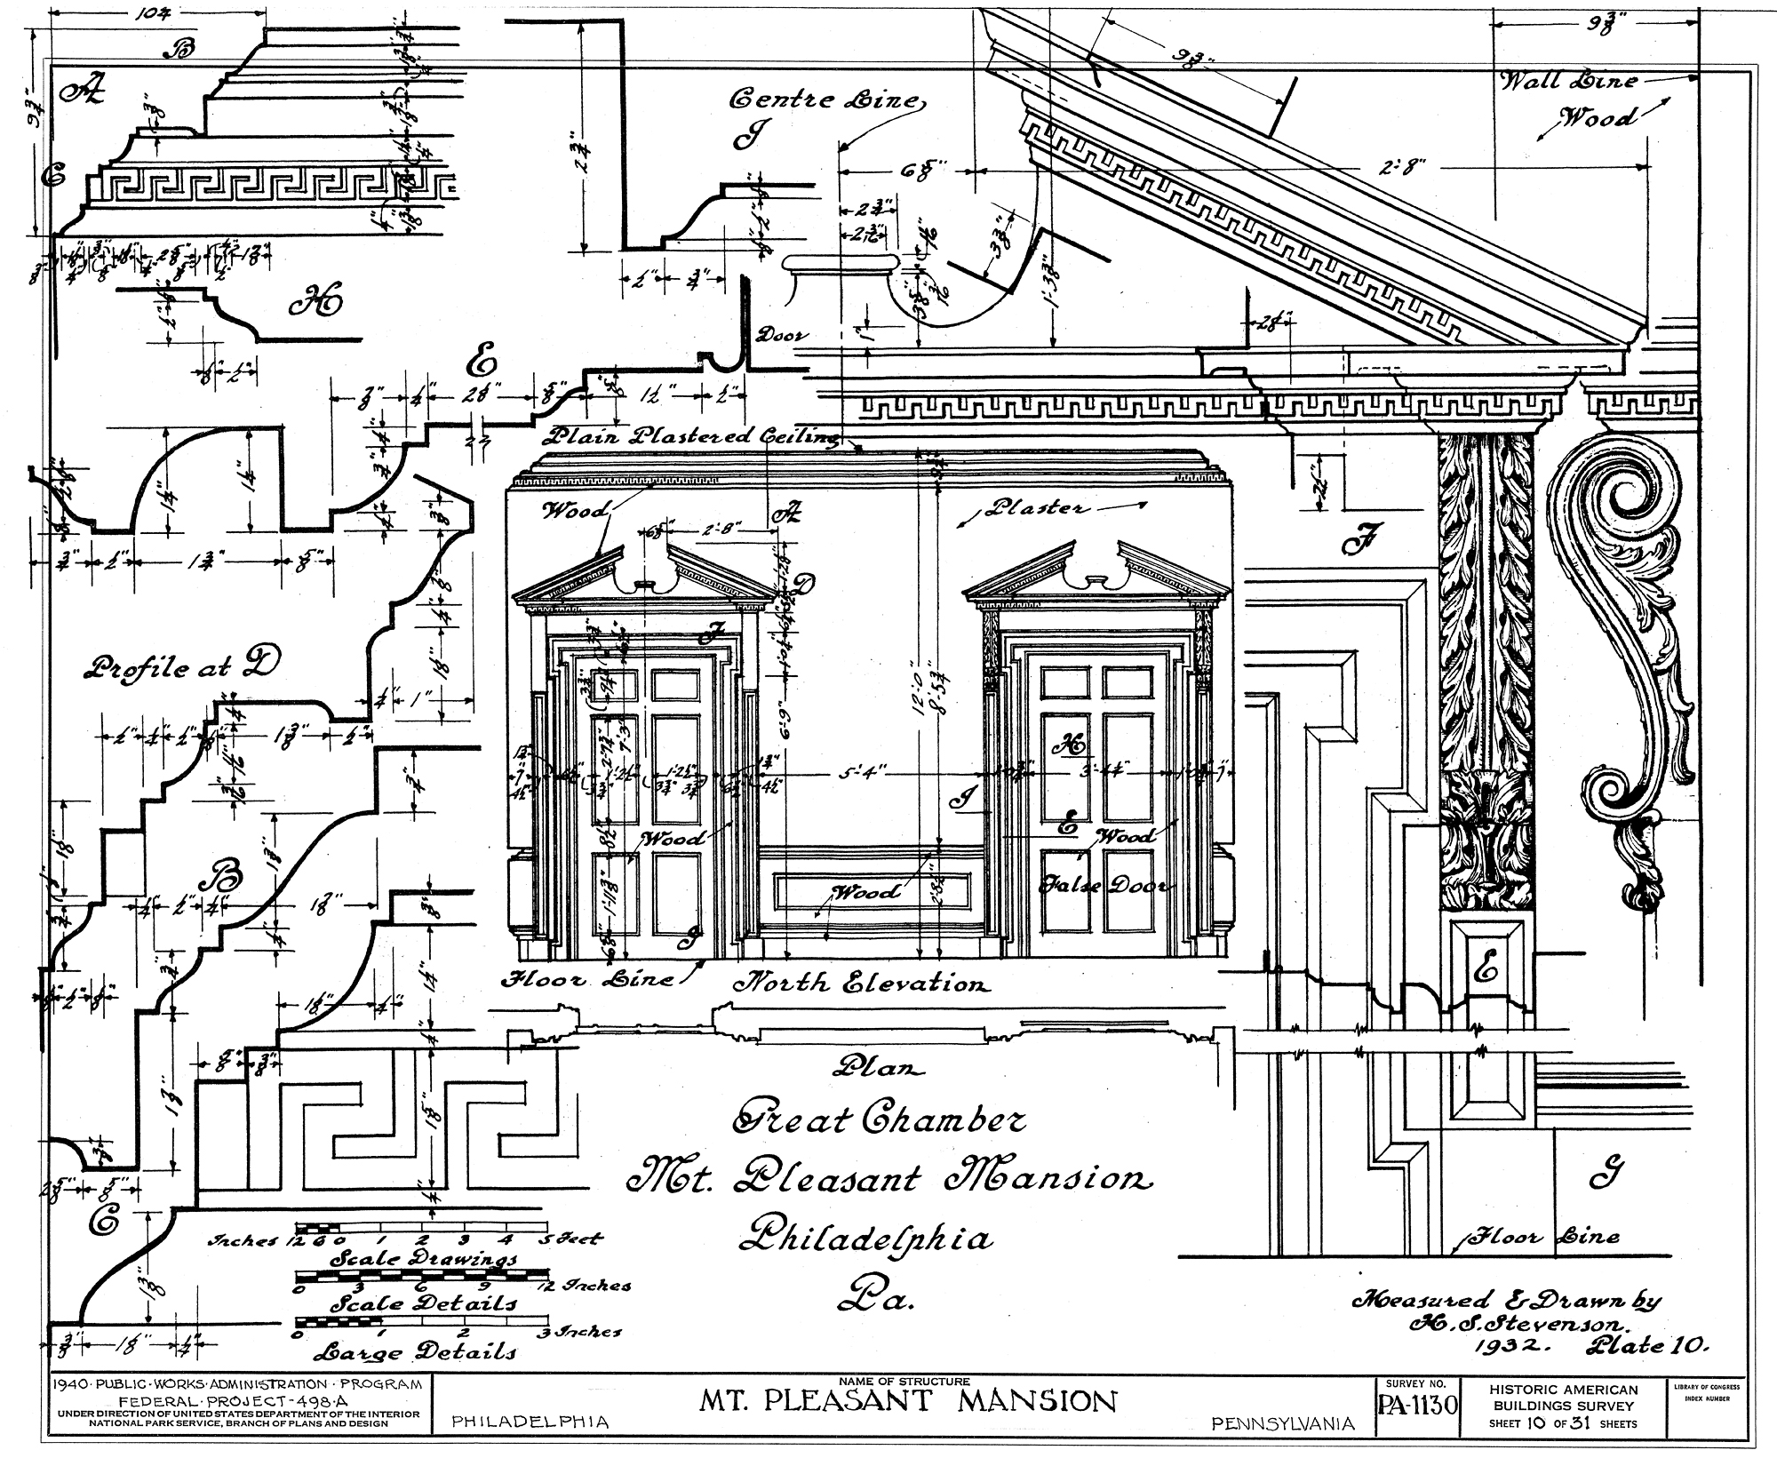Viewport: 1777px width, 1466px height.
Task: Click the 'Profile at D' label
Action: pos(178,666)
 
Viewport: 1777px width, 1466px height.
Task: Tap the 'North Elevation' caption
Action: pos(859,984)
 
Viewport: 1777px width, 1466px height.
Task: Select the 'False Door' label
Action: pos(1104,886)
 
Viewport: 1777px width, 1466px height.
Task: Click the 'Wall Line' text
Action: pos(1569,82)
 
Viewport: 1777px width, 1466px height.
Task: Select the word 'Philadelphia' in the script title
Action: pos(865,1238)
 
